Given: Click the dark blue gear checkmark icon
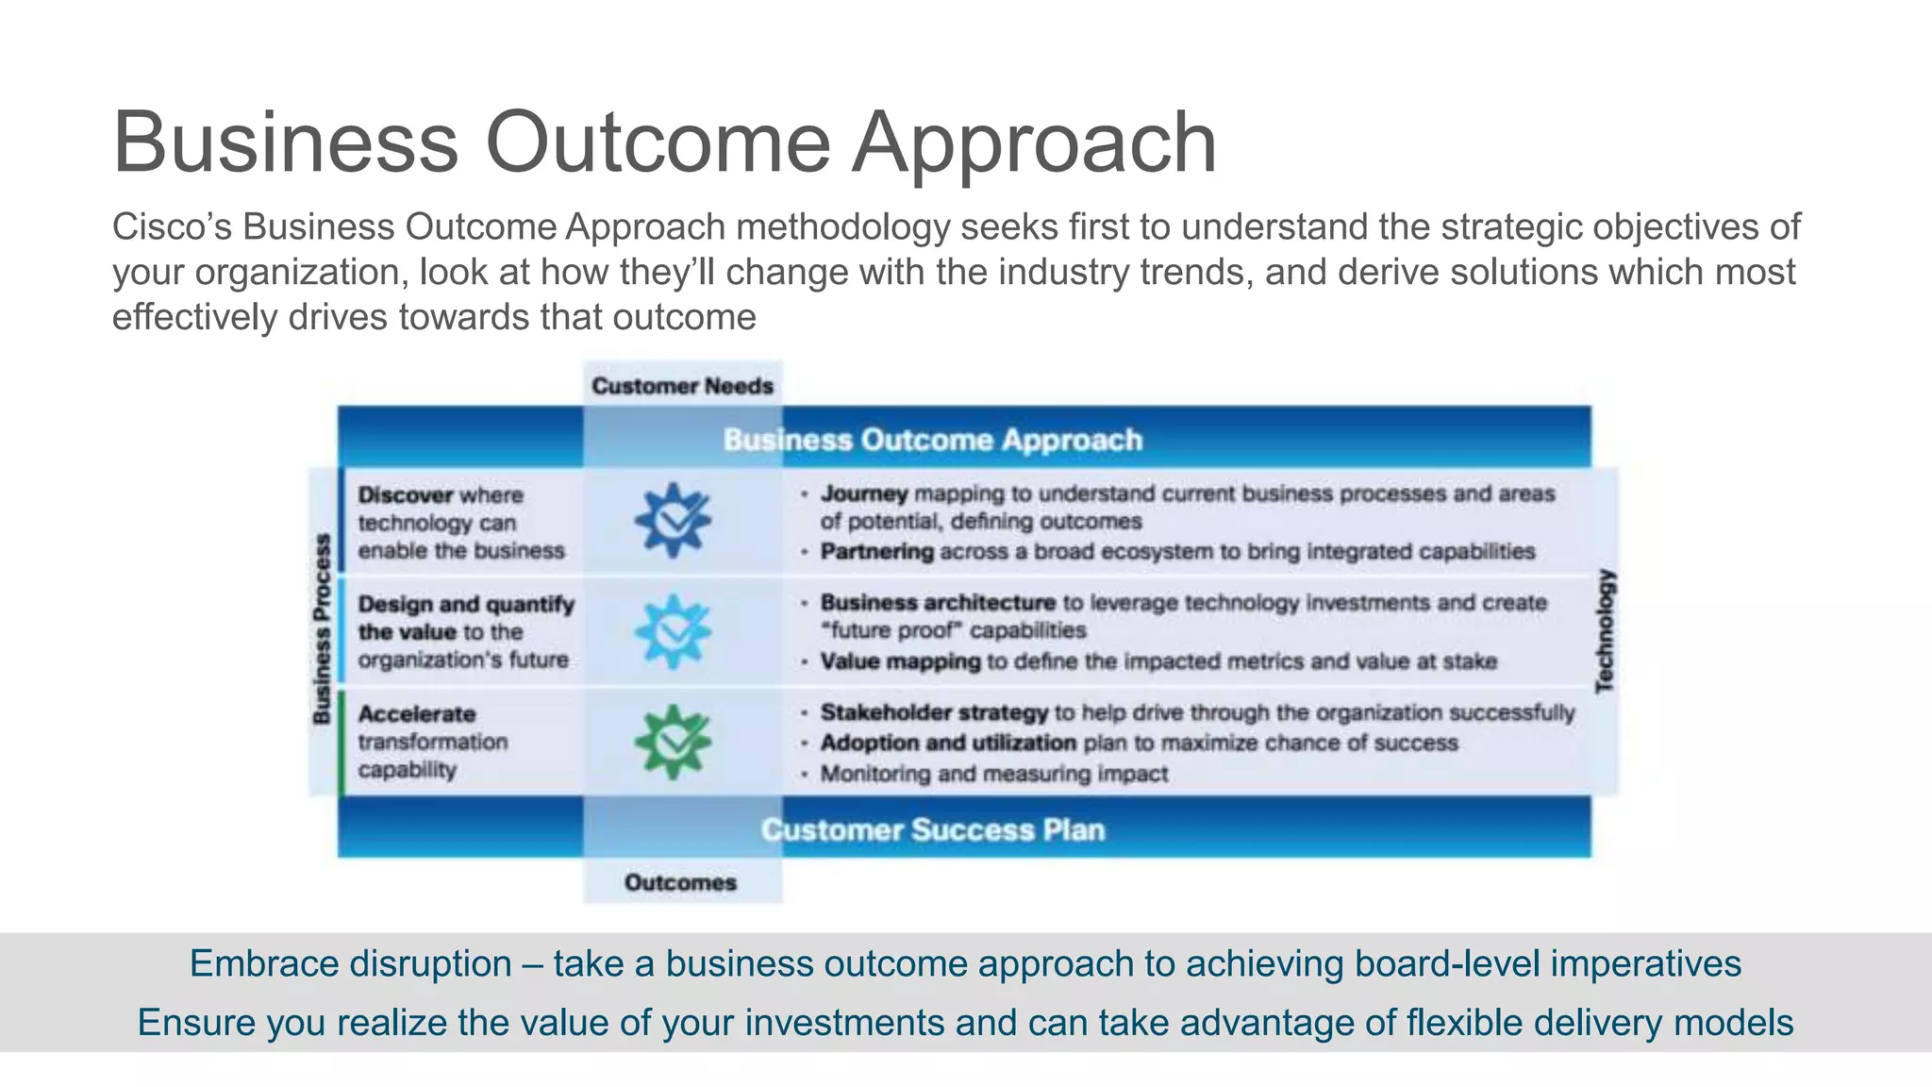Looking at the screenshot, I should tap(673, 520).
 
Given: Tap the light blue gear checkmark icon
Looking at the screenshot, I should tap(673, 631).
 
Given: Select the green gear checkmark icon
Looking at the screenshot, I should tap(673, 742).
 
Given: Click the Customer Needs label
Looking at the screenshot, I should tap(682, 386).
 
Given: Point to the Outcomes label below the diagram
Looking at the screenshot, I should tap(680, 882).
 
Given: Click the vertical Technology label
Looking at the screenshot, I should tap(1605, 631).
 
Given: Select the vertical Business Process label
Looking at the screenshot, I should tap(322, 629).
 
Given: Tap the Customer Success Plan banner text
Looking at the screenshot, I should tap(932, 829).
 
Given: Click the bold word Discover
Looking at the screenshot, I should tap(405, 495).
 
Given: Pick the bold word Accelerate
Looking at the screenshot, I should tap(416, 714).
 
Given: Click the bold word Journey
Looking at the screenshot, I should tap(863, 493).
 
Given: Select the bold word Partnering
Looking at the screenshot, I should tap(876, 551).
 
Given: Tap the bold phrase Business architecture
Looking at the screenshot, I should tap(937, 602).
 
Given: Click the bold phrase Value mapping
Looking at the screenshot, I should tap(900, 661).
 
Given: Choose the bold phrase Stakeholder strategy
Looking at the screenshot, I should tap(933, 712).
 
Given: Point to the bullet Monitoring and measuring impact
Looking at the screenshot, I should tap(993, 774).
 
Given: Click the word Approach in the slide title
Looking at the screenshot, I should tap(1034, 142).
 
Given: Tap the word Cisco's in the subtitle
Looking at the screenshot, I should tap(173, 227).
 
